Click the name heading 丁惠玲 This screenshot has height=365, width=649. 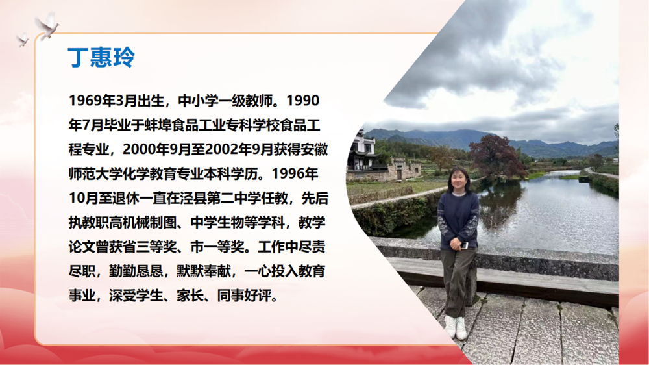click(x=101, y=57)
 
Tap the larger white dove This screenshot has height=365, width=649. click(x=47, y=26)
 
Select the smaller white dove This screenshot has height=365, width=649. click(x=22, y=40)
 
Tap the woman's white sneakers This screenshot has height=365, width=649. click(x=456, y=327)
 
